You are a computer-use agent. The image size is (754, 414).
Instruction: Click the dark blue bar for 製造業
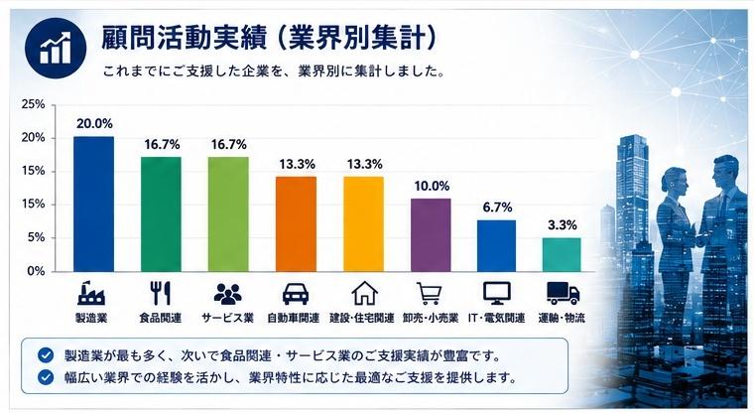pos(94,205)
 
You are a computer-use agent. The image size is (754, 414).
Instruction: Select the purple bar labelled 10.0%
pos(431,235)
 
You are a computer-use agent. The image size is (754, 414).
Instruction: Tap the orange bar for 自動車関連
pos(297,223)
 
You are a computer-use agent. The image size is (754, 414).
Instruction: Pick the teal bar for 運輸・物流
pos(562,255)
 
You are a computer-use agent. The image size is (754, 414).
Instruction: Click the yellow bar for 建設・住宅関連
pos(363,223)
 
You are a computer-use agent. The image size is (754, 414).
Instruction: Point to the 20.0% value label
pos(94,124)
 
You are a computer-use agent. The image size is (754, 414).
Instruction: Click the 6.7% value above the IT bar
pos(498,207)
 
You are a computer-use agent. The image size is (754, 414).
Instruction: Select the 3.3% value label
pos(563,224)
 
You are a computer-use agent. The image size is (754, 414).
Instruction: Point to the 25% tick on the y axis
pos(33,104)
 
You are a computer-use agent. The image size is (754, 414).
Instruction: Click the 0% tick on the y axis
pos(36,271)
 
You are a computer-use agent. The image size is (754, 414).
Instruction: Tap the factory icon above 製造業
pos(91,293)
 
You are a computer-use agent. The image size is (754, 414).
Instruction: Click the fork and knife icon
pos(160,293)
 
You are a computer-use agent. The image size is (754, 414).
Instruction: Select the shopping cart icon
pos(429,294)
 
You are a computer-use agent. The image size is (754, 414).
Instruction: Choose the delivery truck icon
pos(564,293)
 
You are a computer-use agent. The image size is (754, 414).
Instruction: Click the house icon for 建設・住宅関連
pos(364,293)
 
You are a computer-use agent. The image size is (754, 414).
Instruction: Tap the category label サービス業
pos(227,319)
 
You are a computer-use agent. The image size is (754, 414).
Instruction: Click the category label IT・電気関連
pos(497,319)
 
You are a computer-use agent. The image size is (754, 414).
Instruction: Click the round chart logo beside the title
pos(56,48)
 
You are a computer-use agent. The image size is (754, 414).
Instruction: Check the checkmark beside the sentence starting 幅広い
pos(46,377)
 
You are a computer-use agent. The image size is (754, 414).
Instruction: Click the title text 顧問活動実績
pos(184,39)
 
